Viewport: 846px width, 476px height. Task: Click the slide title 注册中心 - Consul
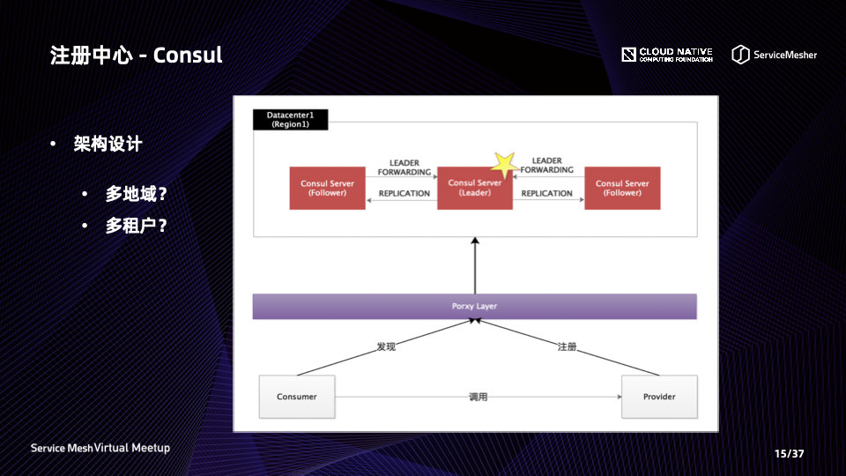click(137, 55)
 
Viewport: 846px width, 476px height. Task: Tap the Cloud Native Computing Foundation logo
click(667, 55)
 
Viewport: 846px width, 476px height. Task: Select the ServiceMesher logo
click(774, 55)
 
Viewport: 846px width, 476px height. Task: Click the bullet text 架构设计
click(108, 144)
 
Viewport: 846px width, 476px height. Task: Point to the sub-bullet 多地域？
click(136, 194)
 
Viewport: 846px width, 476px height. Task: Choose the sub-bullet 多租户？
click(136, 226)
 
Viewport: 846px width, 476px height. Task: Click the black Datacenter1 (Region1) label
click(291, 120)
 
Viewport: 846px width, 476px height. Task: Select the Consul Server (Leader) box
click(475, 189)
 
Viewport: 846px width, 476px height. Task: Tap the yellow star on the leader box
click(503, 163)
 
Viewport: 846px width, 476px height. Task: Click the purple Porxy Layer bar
click(475, 306)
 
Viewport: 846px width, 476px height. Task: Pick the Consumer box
click(297, 397)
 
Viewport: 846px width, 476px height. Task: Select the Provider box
click(659, 397)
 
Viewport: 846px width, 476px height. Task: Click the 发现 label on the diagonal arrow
click(386, 346)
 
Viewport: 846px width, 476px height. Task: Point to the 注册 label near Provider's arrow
click(567, 346)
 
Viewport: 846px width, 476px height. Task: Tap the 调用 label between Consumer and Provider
click(478, 397)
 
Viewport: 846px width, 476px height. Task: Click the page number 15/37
click(789, 454)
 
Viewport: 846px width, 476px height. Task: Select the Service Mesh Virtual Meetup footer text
click(100, 448)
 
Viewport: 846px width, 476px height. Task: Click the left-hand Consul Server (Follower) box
click(327, 189)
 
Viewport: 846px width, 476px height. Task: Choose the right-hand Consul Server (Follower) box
click(622, 189)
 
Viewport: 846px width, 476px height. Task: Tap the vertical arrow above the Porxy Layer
click(475, 264)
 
